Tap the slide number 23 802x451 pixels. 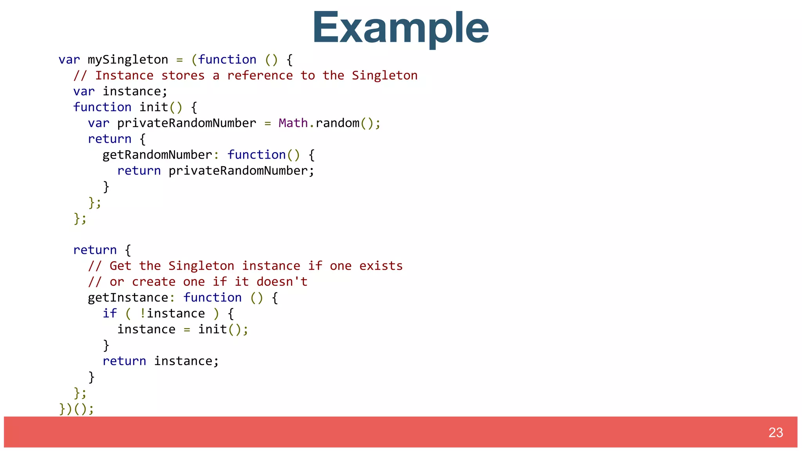[775, 433]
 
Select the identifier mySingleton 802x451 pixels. [128, 60]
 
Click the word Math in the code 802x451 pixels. [293, 123]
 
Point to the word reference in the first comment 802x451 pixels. [260, 75]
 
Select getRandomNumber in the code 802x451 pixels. [157, 155]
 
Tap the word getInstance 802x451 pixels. [128, 298]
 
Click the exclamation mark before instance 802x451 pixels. [143, 313]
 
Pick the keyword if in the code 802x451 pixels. [110, 313]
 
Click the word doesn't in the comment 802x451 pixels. [282, 281]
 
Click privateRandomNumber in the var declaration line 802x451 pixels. [186, 123]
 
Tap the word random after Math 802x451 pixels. [337, 123]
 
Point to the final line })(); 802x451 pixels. [77, 409]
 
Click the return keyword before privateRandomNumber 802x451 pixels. [139, 171]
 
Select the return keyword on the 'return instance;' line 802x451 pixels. [124, 361]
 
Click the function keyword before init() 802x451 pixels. [102, 107]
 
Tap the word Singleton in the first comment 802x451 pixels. [385, 75]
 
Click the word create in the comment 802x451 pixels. [154, 281]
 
